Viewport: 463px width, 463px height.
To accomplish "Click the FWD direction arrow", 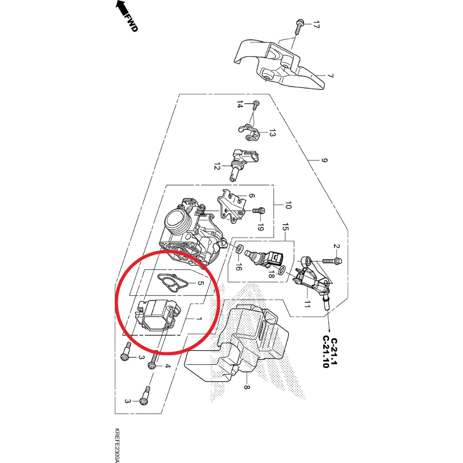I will point(121,8).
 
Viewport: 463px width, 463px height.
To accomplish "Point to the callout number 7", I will point(330,75).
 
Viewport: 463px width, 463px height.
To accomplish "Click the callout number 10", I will point(288,205).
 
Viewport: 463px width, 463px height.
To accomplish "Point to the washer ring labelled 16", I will point(239,250).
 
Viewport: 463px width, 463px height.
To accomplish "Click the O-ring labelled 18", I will point(282,269).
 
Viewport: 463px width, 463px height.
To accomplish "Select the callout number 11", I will point(307,304).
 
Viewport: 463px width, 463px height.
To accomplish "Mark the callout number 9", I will point(324,161).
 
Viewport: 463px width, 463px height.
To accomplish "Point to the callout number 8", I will point(246,387).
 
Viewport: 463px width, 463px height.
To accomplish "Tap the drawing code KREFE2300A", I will point(117,444).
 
